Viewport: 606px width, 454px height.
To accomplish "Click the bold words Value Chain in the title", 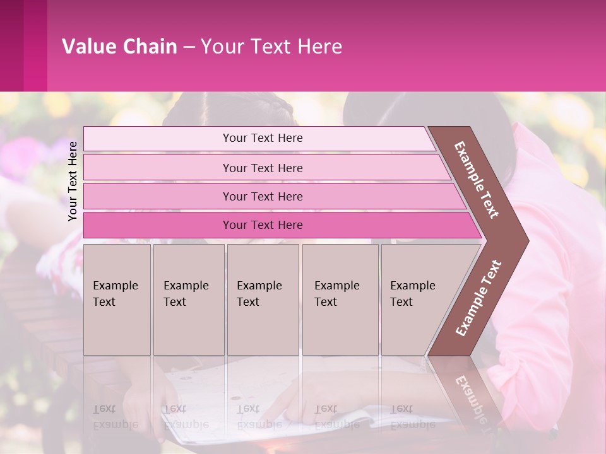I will pyautogui.click(x=119, y=47).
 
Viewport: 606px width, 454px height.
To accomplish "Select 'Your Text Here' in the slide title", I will pyautogui.click(x=271, y=47).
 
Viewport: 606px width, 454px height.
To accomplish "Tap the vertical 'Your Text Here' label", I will pyautogui.click(x=73, y=181).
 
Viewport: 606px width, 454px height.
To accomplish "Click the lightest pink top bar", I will pyautogui.click(x=262, y=138).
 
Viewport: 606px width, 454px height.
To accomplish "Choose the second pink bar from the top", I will pyautogui.click(x=262, y=168).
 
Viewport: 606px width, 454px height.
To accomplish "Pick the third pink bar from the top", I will pyautogui.click(x=262, y=196).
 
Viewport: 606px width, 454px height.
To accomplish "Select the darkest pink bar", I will pyautogui.click(x=262, y=225).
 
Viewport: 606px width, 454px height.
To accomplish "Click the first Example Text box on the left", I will pyautogui.click(x=117, y=300).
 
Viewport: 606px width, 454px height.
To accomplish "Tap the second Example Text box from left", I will pyautogui.click(x=188, y=300).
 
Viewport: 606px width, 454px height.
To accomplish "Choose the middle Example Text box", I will pyautogui.click(x=263, y=300).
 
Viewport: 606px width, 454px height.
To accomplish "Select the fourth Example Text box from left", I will pyautogui.click(x=340, y=300).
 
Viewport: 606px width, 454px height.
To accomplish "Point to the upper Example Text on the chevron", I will pyautogui.click(x=477, y=180).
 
